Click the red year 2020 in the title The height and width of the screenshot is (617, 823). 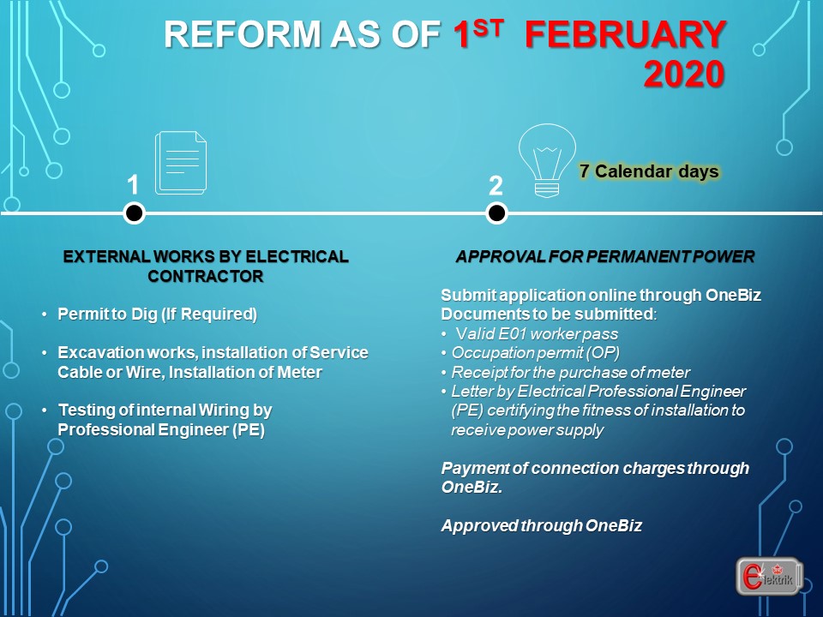pyautogui.click(x=684, y=74)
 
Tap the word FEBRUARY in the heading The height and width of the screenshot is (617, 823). pyautogui.click(x=626, y=34)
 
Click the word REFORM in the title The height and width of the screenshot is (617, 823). pyautogui.click(x=242, y=34)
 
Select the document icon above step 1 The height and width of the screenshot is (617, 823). pyautogui.click(x=181, y=163)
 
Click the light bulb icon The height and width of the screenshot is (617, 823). pyautogui.click(x=547, y=160)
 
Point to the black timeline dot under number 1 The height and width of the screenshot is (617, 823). pyautogui.click(x=135, y=213)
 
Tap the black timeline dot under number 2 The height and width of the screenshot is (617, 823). pyautogui.click(x=496, y=213)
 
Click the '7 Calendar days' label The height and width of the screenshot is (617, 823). pyautogui.click(x=649, y=171)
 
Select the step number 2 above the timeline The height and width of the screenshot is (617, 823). pyautogui.click(x=496, y=186)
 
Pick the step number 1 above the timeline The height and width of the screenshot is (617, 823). pyautogui.click(x=133, y=185)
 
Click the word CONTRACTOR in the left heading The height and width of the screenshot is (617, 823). pyautogui.click(x=205, y=277)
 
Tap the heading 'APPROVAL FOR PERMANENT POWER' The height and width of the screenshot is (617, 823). pyautogui.click(x=604, y=256)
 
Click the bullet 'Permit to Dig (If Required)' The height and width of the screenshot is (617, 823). pyautogui.click(x=157, y=314)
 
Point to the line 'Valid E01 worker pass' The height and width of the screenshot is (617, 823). pyautogui.click(x=537, y=333)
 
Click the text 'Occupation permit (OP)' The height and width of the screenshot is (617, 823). pyautogui.click(x=535, y=353)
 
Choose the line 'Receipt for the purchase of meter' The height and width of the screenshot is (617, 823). pyautogui.click(x=571, y=373)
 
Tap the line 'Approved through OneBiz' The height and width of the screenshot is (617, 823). pyautogui.click(x=542, y=525)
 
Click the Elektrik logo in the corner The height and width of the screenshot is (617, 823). pyautogui.click(x=770, y=576)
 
